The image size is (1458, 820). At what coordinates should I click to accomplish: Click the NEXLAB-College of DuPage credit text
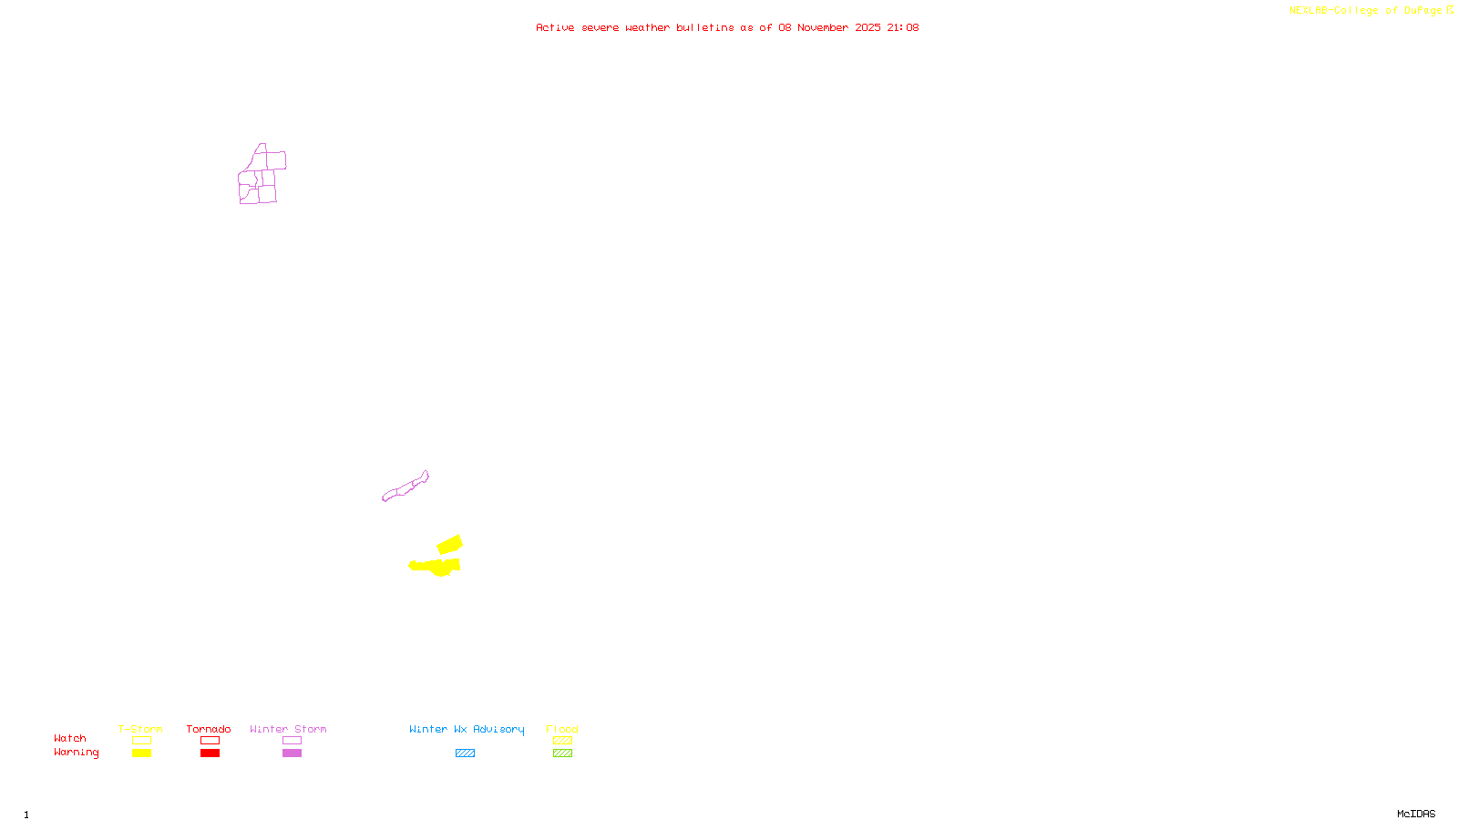(x=1365, y=11)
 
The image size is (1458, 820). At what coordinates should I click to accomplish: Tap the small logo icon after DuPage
(x=1450, y=10)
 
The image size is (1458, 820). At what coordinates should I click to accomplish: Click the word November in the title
(x=823, y=27)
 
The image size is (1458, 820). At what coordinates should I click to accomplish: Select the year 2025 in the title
(x=868, y=27)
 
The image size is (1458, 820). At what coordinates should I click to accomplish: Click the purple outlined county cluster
(x=261, y=176)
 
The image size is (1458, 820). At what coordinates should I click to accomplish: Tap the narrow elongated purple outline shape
(x=406, y=487)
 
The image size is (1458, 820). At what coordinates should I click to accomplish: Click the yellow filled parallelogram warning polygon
(x=450, y=545)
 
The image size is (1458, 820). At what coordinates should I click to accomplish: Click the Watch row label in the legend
(x=70, y=738)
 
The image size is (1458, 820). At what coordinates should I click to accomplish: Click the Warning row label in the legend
(x=77, y=753)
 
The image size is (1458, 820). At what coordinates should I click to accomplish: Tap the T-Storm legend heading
(x=140, y=729)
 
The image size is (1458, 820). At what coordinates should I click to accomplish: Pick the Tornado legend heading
(x=209, y=729)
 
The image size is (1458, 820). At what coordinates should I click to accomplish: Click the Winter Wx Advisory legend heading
(x=467, y=729)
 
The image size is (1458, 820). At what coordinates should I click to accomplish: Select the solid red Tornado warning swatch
(x=210, y=753)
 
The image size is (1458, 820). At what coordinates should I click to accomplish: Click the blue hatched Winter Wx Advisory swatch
(x=465, y=753)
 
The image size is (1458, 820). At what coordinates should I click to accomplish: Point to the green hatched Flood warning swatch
(x=562, y=753)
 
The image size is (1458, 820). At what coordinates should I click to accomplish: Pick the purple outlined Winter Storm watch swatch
(x=292, y=741)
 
